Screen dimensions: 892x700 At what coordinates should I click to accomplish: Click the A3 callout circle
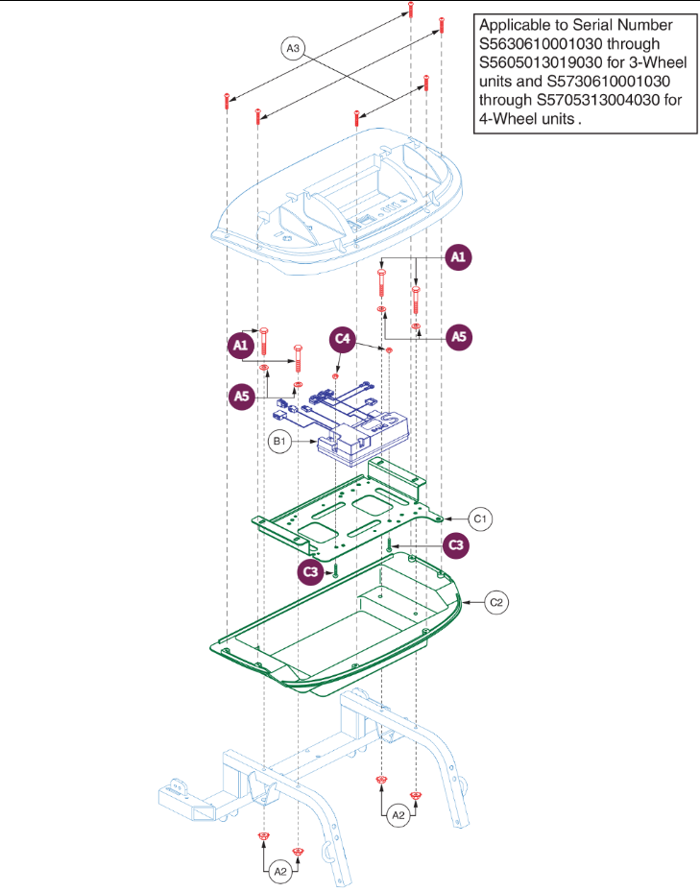point(292,47)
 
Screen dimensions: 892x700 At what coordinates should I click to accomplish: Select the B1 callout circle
point(279,442)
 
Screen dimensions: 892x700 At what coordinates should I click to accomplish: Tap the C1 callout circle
point(482,518)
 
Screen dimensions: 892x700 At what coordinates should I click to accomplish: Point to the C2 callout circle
point(496,602)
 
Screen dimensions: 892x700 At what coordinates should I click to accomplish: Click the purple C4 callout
point(343,339)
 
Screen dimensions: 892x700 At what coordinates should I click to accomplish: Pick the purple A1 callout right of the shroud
point(460,257)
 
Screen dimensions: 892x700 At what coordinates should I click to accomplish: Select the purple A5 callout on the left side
point(241,395)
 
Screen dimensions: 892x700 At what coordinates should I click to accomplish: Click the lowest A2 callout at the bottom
point(279,872)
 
